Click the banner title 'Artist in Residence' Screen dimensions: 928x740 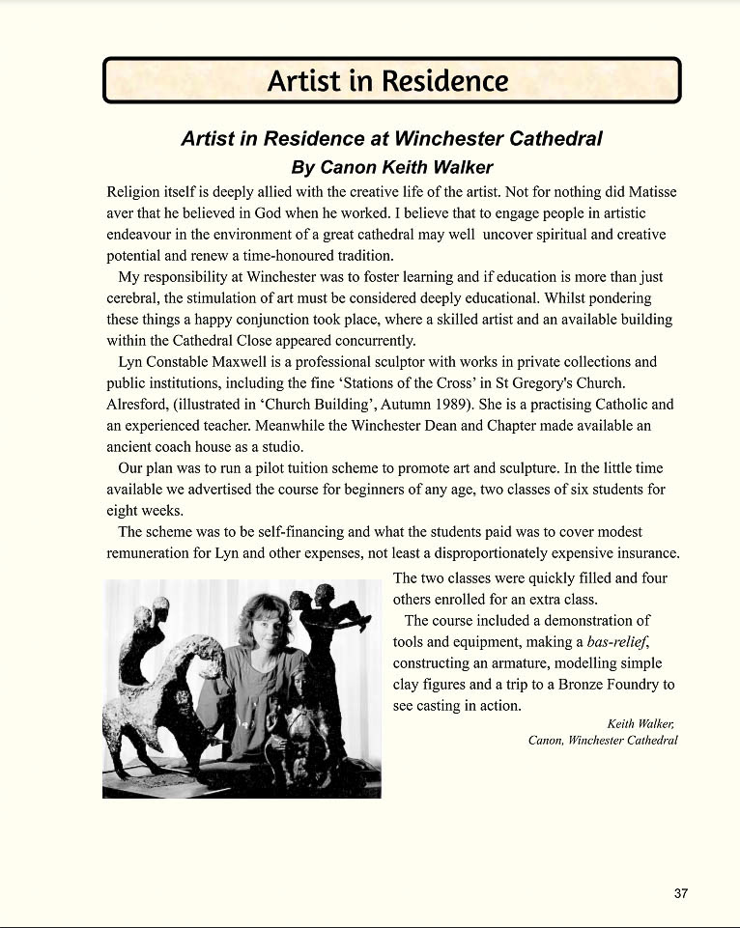pos(387,80)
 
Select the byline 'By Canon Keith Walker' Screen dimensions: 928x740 pos(392,167)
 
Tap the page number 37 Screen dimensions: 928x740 pos(681,893)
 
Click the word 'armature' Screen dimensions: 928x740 pos(531,663)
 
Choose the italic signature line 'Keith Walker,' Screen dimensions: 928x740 pos(642,723)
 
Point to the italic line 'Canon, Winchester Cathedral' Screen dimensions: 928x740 pos(603,741)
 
